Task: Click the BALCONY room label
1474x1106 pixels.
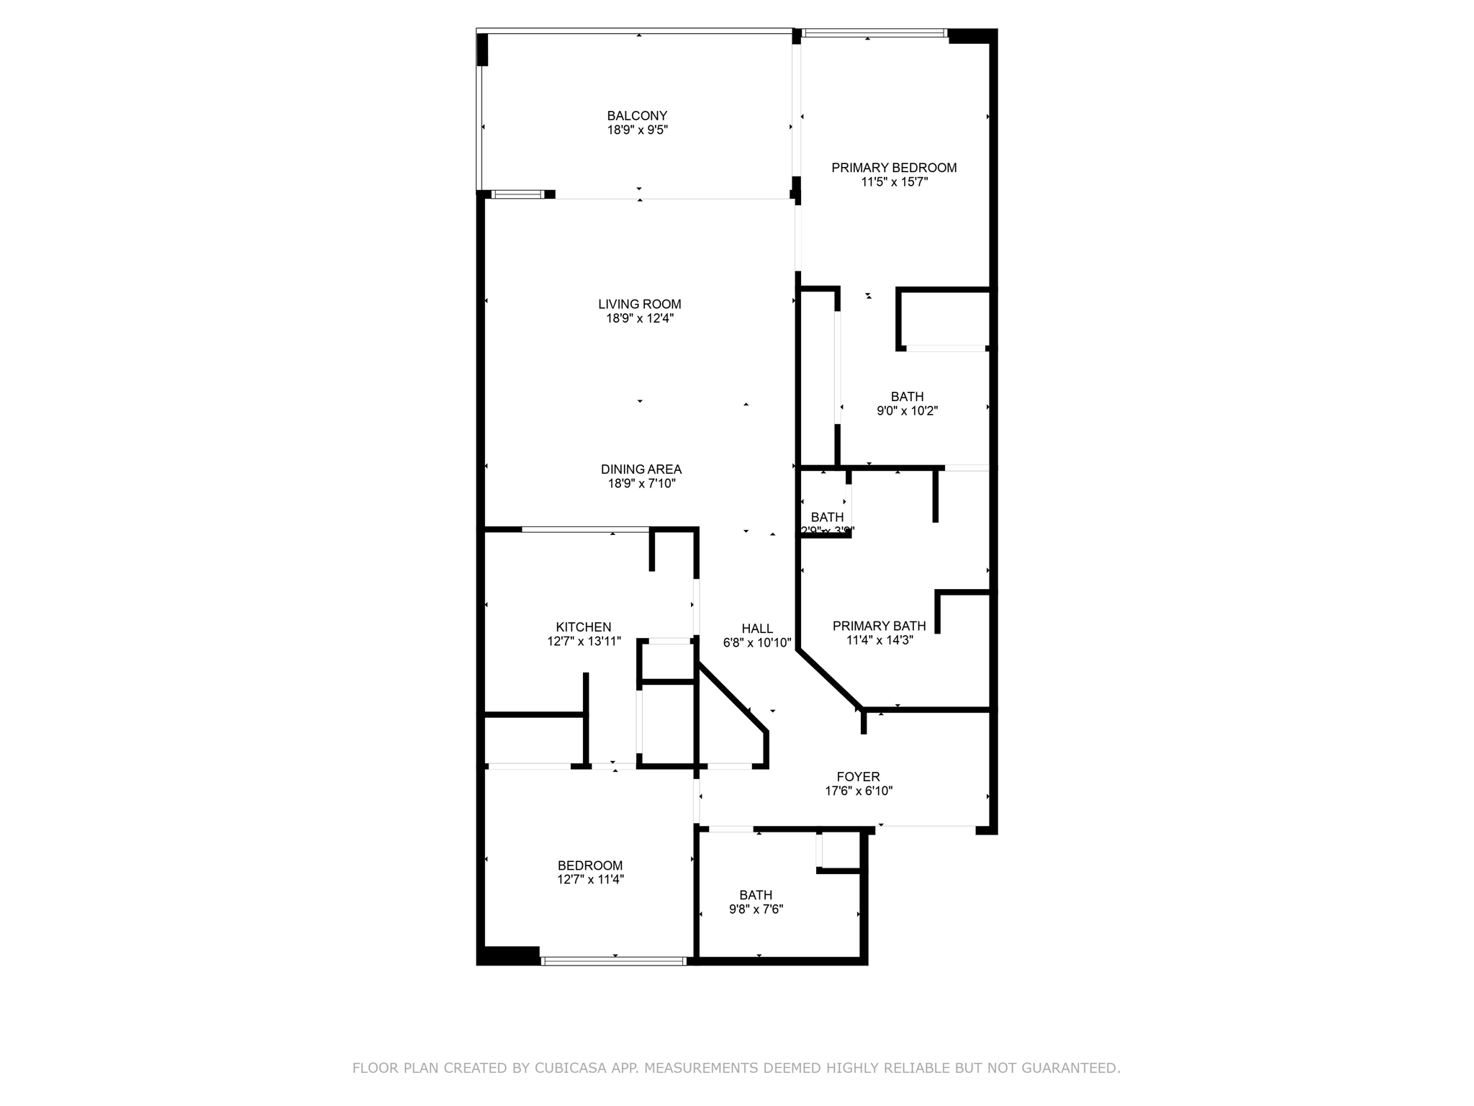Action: [637, 116]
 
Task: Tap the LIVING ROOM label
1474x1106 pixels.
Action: [639, 305]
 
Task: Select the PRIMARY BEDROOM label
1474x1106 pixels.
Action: [894, 168]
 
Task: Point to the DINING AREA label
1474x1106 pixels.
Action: [641, 469]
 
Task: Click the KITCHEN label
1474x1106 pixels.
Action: [583, 627]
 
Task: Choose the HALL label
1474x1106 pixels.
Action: [757, 629]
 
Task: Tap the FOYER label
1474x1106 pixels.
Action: [858, 777]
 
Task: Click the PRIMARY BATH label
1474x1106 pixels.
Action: [879, 626]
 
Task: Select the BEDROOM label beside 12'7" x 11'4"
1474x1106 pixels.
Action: [589, 866]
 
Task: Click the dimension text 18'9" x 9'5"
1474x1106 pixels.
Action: [637, 130]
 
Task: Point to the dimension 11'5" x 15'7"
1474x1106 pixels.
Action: [894, 182]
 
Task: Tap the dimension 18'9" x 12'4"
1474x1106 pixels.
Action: [639, 318]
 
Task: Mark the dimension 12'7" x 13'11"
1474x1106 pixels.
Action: [583, 641]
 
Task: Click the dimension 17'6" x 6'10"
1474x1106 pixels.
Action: [858, 791]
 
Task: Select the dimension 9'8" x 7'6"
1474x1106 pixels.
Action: [756, 909]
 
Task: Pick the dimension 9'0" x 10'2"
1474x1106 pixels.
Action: [907, 411]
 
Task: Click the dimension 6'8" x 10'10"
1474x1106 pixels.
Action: [757, 642]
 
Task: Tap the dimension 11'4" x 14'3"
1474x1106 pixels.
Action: [879, 639]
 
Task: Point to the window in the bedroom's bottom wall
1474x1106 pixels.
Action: [613, 961]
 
